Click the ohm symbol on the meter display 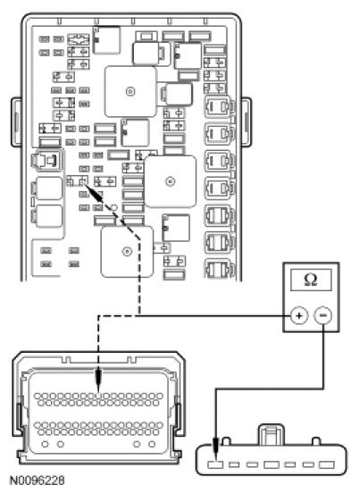point(311,280)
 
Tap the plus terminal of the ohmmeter point(299,315)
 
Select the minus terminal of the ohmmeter point(322,315)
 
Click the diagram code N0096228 point(38,480)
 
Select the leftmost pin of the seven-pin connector point(215,464)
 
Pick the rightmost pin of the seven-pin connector point(327,464)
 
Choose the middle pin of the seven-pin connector point(272,464)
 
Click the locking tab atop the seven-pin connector point(271,435)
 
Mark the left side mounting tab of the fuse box point(17,122)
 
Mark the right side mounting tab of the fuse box point(246,122)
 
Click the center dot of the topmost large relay point(130,91)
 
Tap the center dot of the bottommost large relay point(127,252)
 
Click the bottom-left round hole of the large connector point(45,444)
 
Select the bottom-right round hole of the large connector point(152,444)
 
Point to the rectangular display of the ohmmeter point(311,280)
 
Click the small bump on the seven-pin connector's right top point(316,441)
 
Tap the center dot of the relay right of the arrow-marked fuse point(170,181)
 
